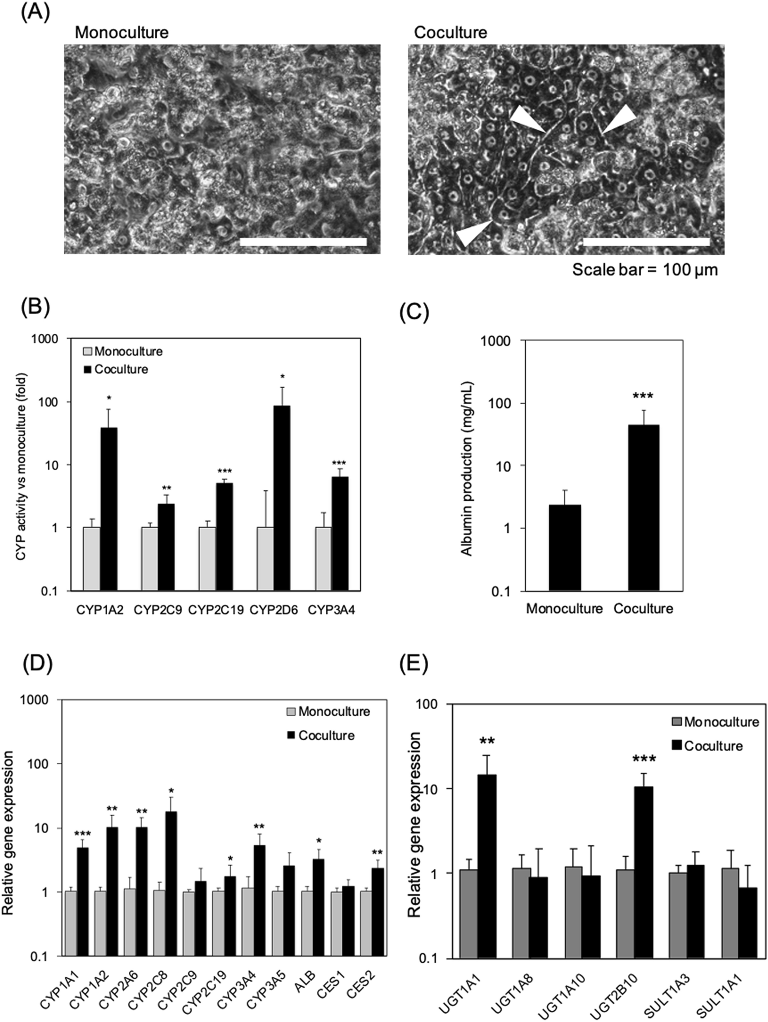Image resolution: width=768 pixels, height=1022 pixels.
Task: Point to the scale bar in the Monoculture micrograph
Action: pyautogui.click(x=303, y=242)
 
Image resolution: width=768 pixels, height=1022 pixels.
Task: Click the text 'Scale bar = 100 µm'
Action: pyautogui.click(x=645, y=270)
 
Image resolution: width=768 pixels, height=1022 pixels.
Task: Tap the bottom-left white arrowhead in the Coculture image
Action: pyautogui.click(x=471, y=234)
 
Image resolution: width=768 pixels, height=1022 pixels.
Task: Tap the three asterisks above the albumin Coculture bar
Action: pyautogui.click(x=643, y=395)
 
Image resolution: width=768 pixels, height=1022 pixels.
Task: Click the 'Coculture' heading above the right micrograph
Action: pyautogui.click(x=450, y=33)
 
